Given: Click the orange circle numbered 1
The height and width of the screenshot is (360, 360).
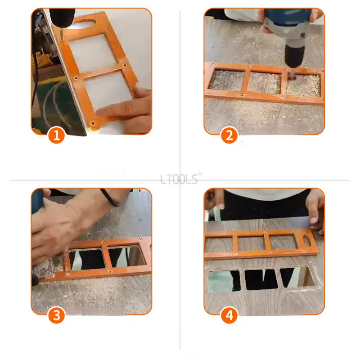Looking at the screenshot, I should click(x=56, y=135).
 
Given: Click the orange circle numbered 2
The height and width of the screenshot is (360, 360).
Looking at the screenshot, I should click(x=229, y=135).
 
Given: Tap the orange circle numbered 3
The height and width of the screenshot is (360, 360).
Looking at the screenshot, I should click(x=56, y=315).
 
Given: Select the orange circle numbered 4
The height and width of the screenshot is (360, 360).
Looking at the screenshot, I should click(x=229, y=315).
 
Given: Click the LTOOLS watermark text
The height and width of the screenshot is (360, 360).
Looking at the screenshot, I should click(x=180, y=179).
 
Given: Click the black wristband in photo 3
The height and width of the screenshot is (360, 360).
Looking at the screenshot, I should click(x=110, y=197).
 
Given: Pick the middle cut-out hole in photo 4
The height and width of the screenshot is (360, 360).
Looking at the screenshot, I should click(x=261, y=279).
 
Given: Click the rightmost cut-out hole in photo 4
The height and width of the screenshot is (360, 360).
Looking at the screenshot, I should click(x=297, y=277).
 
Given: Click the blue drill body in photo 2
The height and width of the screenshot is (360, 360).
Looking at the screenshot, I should click(x=288, y=20).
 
